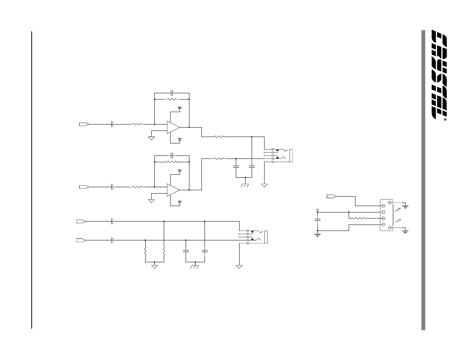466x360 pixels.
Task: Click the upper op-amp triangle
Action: [x=173, y=127]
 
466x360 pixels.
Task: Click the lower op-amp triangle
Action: [x=173, y=190]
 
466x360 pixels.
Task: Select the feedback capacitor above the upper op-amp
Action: [x=172, y=92]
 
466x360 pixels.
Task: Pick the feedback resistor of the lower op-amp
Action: [x=172, y=162]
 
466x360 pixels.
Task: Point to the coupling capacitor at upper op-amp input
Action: [x=112, y=124]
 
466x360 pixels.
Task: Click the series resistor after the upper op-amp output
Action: [x=219, y=137]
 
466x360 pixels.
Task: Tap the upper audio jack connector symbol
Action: [x=281, y=155]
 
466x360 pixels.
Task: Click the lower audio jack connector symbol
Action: [x=257, y=237]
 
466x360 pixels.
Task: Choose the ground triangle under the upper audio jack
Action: [x=265, y=185]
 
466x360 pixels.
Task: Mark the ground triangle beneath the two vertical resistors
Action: [x=155, y=266]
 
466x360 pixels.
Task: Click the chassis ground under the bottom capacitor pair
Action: [x=195, y=267]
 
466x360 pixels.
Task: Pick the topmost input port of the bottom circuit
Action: [x=80, y=221]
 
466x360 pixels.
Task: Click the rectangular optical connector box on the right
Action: [x=386, y=215]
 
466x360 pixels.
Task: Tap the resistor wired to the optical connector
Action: [x=361, y=218]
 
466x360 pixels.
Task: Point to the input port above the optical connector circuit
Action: [x=331, y=196]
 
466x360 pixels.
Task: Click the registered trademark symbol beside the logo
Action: [x=445, y=120]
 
